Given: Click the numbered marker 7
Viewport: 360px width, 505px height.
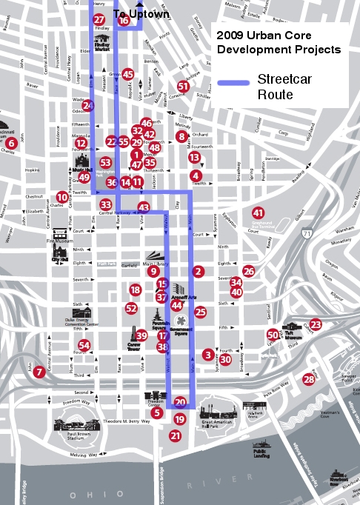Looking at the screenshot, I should [39, 372].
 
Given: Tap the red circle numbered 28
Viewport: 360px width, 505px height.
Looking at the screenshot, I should [309, 379].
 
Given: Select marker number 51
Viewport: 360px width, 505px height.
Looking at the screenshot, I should [183, 87].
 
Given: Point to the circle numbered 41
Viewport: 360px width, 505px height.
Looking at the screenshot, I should [259, 213].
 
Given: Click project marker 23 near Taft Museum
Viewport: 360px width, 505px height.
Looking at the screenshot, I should [316, 324].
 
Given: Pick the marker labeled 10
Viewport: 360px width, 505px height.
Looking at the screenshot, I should [62, 197].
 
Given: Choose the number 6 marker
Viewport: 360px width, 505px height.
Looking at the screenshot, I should [11, 143].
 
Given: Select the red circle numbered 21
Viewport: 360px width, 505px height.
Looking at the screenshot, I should [176, 436].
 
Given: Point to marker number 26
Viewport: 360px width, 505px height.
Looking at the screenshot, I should [249, 272].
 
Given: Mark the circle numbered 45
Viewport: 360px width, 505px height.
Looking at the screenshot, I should [128, 74].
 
